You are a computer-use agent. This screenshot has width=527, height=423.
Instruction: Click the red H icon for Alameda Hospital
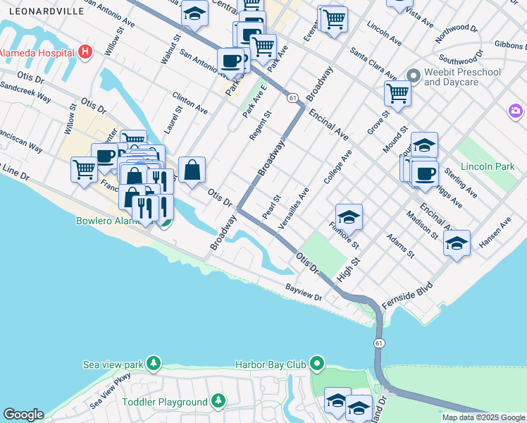tap(85, 51)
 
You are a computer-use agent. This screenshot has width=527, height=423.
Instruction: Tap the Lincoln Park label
tap(483, 167)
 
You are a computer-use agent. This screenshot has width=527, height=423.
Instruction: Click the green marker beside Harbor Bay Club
tap(318, 364)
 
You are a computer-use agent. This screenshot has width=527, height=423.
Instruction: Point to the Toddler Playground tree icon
tap(218, 402)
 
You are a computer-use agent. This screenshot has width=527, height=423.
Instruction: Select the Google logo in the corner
tap(23, 415)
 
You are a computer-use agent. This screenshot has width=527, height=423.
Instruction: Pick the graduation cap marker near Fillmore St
tap(348, 216)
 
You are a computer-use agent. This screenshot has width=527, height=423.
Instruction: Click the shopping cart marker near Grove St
tap(397, 93)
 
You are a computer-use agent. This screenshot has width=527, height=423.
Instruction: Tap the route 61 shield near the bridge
tap(379, 343)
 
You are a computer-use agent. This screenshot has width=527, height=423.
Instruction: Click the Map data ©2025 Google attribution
tap(483, 417)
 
